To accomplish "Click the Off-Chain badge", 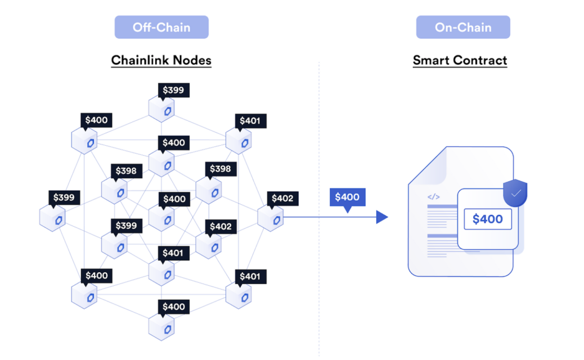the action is [161, 27].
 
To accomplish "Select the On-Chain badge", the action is [463, 27].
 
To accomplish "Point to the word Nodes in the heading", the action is [192, 60].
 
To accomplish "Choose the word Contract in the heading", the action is [480, 60].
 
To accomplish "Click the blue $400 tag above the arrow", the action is [347, 197].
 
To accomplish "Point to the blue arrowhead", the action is [382, 217].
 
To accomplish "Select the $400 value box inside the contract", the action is [488, 219].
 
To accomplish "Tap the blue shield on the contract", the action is [515, 193].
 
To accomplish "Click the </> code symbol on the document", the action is [434, 197].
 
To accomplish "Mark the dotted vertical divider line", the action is [319, 209].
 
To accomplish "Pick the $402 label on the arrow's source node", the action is [282, 199].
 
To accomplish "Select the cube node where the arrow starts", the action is [271, 218].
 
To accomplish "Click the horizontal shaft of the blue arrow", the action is [330, 217].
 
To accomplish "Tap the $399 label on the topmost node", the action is [173, 90].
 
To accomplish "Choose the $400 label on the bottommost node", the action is [173, 307].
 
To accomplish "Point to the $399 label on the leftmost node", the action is [64, 197].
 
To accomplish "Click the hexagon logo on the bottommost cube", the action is [168, 330].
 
